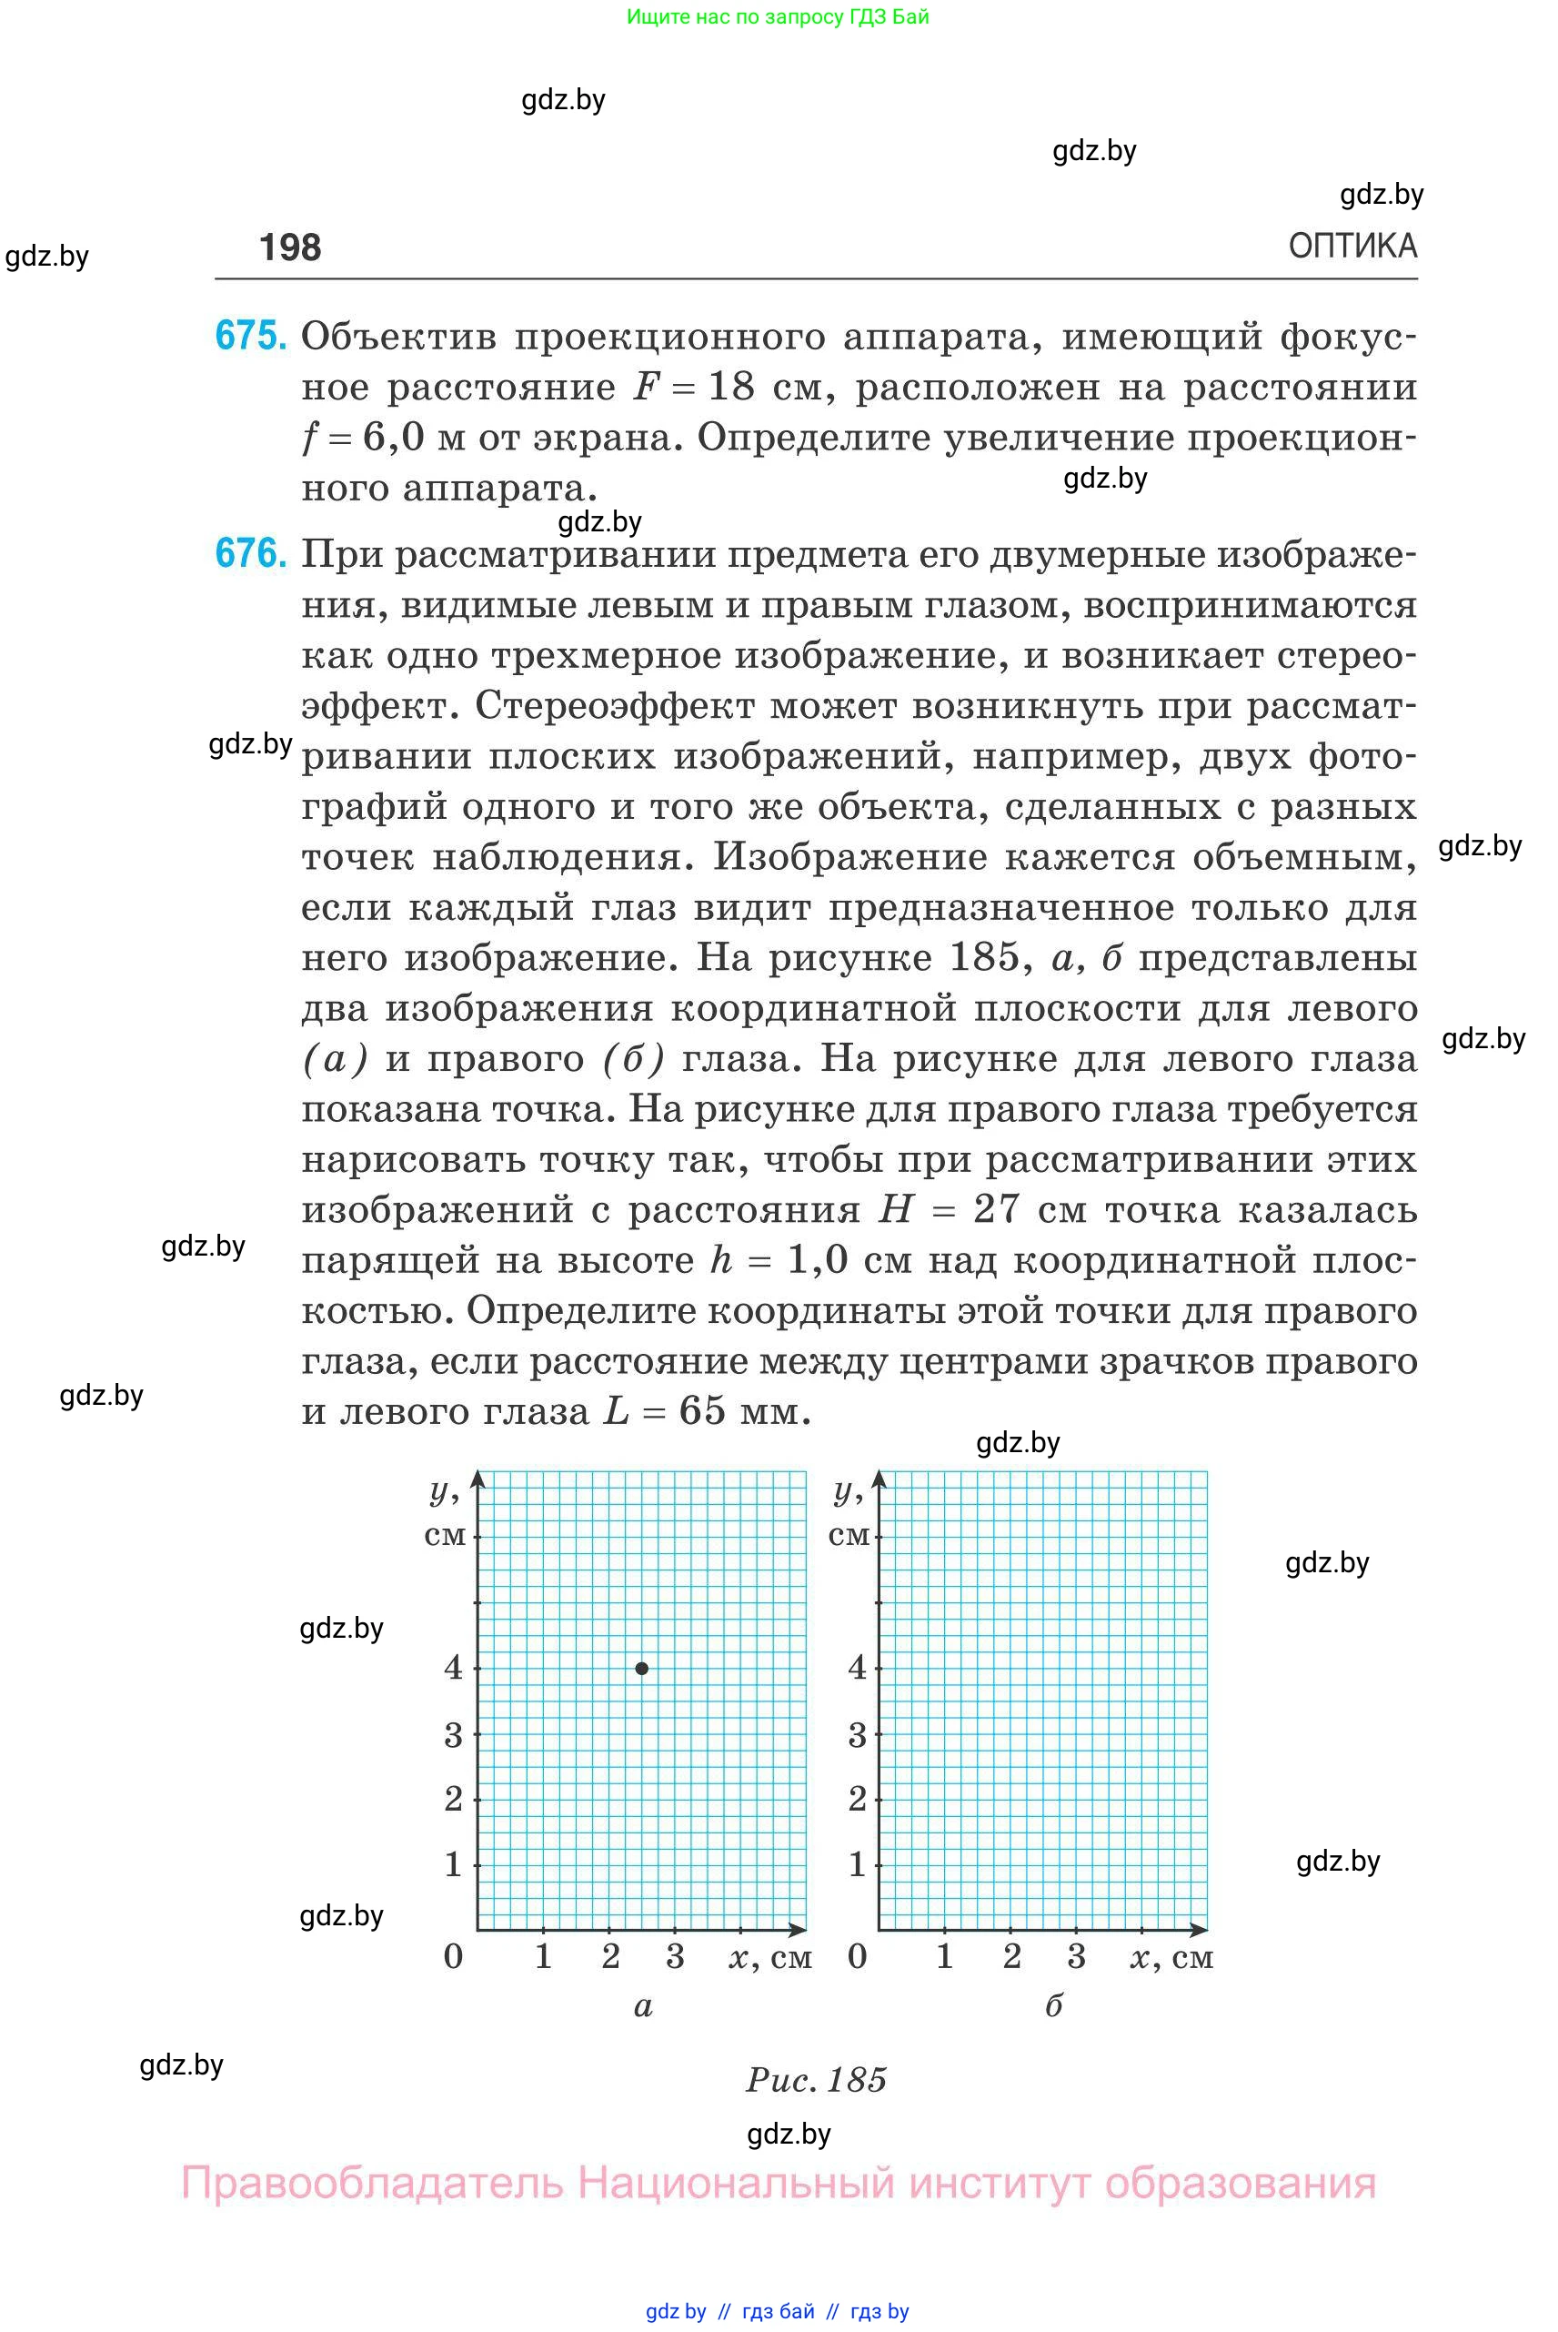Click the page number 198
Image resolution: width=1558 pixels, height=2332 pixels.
pos(289,247)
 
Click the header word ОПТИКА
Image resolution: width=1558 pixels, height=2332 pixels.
pos(1352,246)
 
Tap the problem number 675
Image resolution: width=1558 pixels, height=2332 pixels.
pos(250,336)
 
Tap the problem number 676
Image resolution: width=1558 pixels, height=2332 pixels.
pos(250,554)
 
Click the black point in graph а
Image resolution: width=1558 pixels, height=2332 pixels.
pos(642,1669)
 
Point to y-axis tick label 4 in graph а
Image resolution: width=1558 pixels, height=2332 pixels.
pos(453,1668)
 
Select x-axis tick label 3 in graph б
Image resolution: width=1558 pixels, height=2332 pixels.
pos(1076,1956)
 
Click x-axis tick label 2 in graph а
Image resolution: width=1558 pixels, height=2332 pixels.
pos(610,1956)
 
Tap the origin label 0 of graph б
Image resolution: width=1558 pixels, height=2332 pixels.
pos(857,1956)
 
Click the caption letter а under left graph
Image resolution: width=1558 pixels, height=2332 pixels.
pos(643,2006)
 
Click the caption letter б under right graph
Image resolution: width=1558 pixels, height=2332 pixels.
pos(1053,2005)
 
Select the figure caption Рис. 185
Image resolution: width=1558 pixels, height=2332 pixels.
pos(816,2080)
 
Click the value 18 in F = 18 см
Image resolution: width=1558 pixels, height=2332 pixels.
pos(730,387)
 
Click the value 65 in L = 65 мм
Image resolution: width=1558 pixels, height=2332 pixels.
pos(702,1411)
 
